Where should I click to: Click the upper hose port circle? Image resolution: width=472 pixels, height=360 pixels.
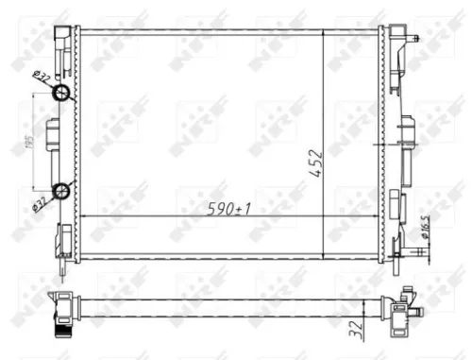(x=61, y=93)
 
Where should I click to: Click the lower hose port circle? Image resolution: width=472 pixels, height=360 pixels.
(x=61, y=191)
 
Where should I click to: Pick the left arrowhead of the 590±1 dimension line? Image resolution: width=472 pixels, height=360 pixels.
(x=83, y=216)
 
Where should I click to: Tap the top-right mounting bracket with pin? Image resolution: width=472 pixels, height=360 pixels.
(x=404, y=43)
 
